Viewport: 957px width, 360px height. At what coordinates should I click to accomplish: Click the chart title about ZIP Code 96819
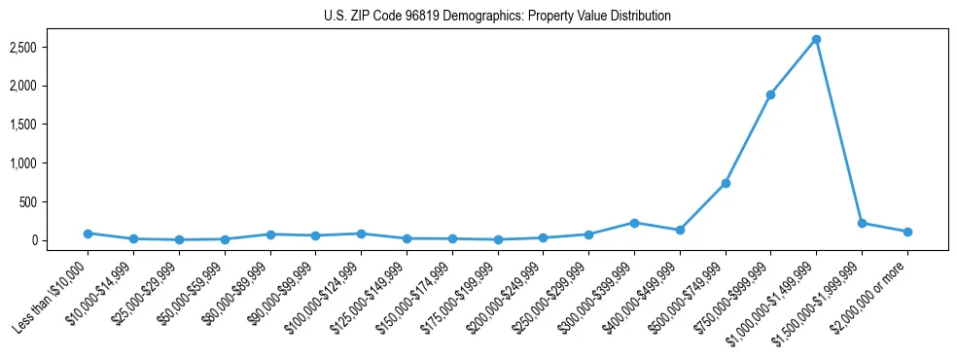[497, 16]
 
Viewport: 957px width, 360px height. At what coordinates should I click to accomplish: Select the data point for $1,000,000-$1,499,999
[816, 39]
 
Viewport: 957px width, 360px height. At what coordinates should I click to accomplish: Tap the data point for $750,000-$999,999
[770, 94]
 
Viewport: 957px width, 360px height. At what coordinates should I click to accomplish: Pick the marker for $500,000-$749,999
[725, 183]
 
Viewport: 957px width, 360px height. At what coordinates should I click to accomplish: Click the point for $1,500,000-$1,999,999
[862, 223]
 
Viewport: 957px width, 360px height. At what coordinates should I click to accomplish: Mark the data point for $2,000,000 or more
[907, 232]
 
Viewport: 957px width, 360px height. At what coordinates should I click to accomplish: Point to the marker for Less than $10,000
[88, 234]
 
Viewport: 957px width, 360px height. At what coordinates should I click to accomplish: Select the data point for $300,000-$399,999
[634, 223]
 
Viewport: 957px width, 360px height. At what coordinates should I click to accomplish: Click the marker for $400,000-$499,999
[680, 230]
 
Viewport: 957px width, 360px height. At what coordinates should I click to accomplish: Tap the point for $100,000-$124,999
[361, 234]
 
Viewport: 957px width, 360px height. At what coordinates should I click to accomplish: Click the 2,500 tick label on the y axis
[49, 47]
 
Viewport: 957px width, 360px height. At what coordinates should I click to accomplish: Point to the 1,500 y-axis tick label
[49, 125]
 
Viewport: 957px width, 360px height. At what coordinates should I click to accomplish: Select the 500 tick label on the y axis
[54, 201]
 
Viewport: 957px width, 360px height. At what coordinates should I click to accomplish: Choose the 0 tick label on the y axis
[60, 240]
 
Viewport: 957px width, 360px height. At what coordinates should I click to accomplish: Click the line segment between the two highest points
[793, 67]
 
